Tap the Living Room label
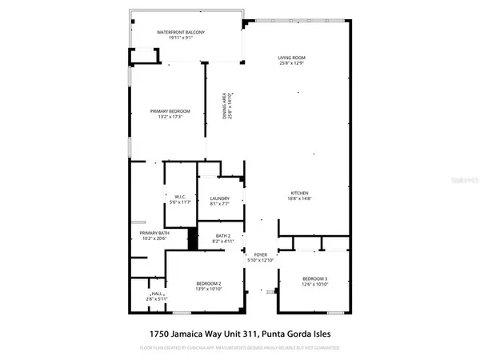(x=292, y=58)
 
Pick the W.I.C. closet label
(x=181, y=196)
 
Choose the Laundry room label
(x=220, y=198)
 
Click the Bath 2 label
(x=222, y=234)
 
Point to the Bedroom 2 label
(x=208, y=284)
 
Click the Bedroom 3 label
(x=314, y=278)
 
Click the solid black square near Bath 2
(x=192, y=239)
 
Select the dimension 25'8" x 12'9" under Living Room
(x=292, y=63)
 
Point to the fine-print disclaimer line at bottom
(x=239, y=349)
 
